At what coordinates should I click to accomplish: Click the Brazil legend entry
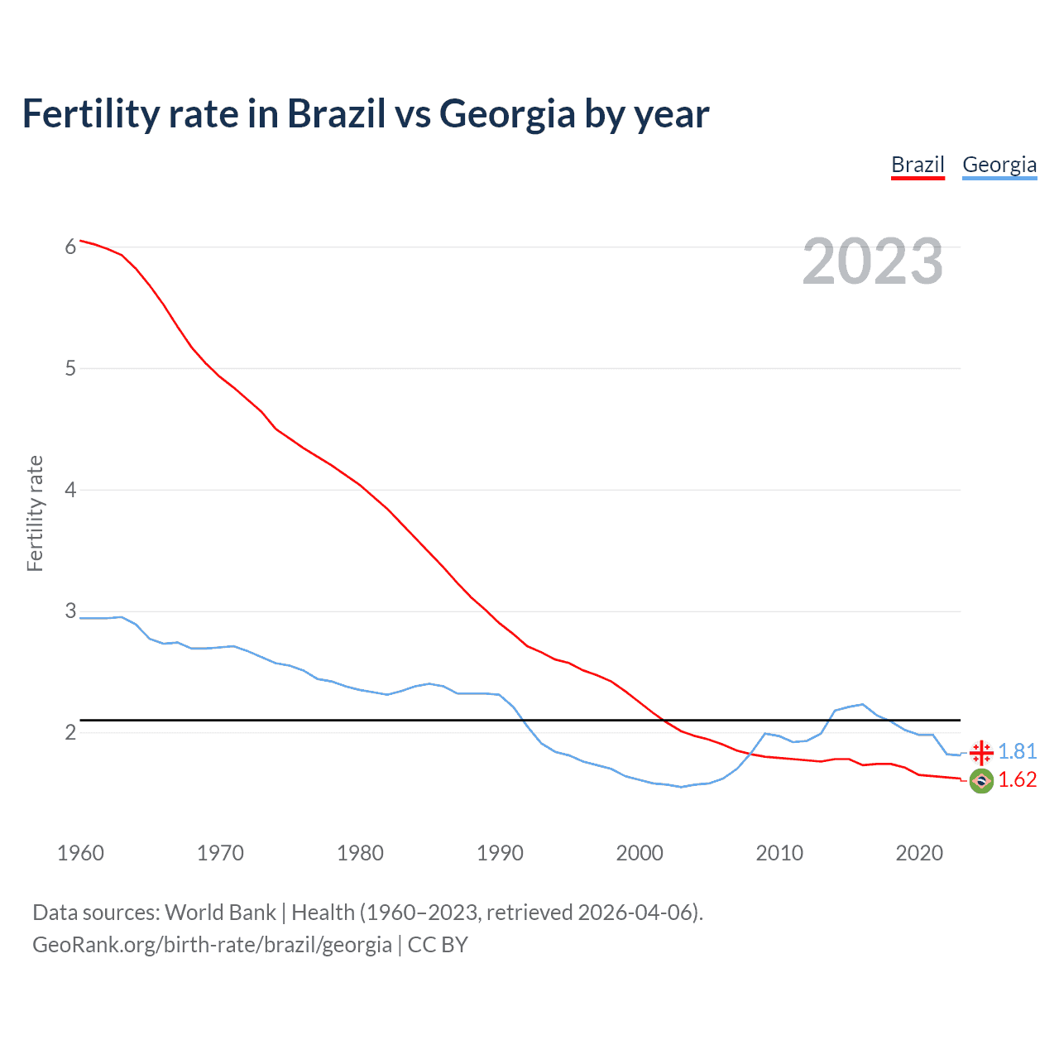(918, 165)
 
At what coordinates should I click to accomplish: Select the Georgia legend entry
(999, 165)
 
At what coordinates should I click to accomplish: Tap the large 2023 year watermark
(873, 261)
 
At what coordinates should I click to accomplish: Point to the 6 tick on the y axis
(70, 247)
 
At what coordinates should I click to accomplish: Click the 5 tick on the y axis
(70, 368)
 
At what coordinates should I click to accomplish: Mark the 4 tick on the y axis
(70, 490)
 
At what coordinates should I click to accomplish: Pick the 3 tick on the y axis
(70, 611)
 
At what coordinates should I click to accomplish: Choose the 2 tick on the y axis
(70, 733)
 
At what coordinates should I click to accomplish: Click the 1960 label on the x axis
(80, 853)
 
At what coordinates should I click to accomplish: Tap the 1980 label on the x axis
(360, 853)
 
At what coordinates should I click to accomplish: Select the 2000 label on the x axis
(640, 853)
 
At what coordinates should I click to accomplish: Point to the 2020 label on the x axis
(919, 853)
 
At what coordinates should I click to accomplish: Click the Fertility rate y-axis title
(35, 513)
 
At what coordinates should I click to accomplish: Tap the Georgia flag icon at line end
(981, 752)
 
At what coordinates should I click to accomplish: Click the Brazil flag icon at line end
(981, 780)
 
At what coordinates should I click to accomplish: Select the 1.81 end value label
(1017, 751)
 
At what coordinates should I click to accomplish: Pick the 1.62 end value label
(1017, 780)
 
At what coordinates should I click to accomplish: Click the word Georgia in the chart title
(507, 114)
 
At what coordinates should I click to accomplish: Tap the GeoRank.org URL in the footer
(212, 945)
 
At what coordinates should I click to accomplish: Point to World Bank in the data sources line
(220, 913)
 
